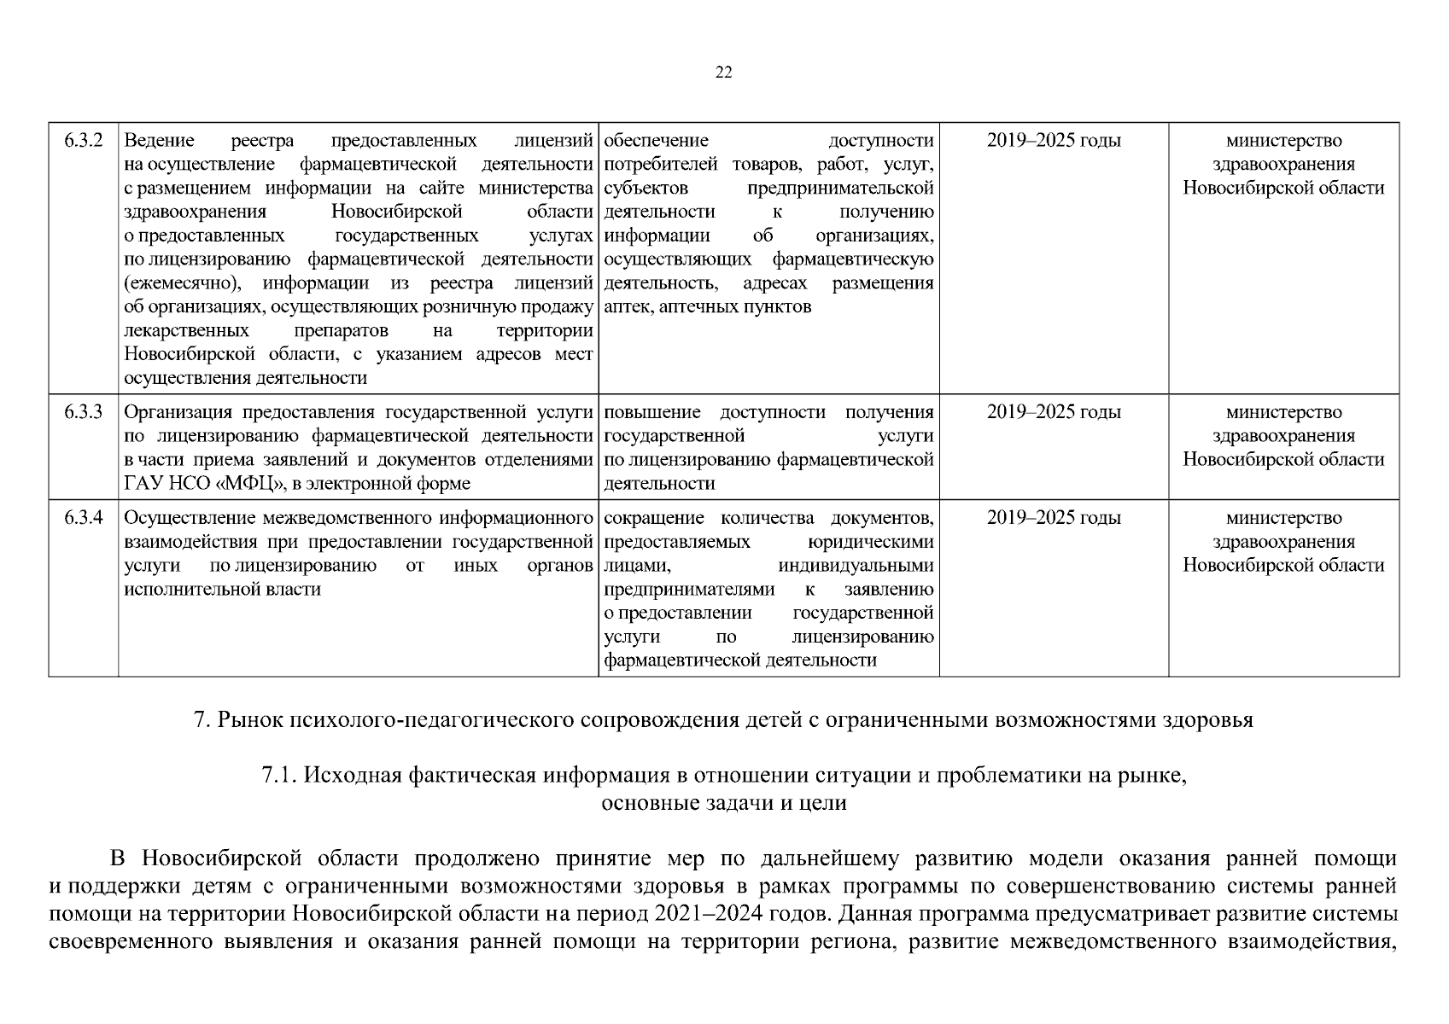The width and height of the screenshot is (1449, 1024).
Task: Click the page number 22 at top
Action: click(723, 73)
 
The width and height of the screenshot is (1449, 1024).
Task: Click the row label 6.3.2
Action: click(83, 141)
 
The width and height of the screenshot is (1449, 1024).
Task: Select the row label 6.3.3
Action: click(83, 412)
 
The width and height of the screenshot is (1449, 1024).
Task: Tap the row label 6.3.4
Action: click(83, 518)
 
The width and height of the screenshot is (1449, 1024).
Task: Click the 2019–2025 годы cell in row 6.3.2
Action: click(1054, 141)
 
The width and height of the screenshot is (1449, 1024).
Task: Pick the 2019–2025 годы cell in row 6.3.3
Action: click(1054, 412)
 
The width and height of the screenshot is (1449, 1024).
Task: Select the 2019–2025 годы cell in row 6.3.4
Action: click(1054, 518)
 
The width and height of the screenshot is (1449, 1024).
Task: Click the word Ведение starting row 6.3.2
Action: click(159, 141)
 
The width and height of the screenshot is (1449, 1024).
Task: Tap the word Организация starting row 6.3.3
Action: click(179, 412)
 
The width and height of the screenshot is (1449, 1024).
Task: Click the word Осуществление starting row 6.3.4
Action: click(190, 518)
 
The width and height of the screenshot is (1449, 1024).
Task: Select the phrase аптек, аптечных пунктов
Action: click(707, 307)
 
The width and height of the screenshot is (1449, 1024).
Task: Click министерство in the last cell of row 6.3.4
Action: click(1283, 518)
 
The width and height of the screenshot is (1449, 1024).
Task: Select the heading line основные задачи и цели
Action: click(724, 803)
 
